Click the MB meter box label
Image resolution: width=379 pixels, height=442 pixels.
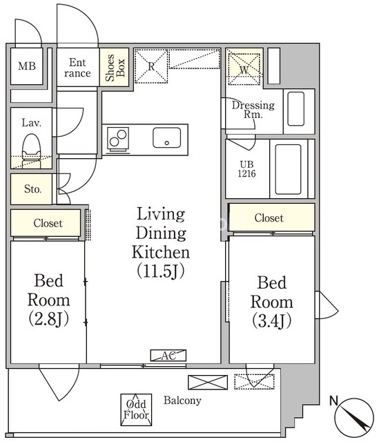27,66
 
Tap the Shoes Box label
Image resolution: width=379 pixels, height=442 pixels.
115,68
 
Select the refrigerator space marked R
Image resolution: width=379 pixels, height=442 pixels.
151,66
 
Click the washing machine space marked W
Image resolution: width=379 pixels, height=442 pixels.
244,69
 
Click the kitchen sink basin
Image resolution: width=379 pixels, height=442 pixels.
167,137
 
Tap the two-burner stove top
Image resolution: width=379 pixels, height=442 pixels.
118,138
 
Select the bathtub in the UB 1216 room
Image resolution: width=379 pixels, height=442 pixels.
288,169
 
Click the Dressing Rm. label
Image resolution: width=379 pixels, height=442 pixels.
253,109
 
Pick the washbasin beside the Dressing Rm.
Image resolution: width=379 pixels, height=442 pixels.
296,109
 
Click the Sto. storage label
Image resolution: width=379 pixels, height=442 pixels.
32,189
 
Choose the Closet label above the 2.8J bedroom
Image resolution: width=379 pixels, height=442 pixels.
48,223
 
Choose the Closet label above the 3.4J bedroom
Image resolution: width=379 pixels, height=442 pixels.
269,218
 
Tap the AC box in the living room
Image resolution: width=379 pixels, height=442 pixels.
168,356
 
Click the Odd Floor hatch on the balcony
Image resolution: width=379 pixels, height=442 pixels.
137,410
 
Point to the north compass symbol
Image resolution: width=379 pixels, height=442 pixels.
354,416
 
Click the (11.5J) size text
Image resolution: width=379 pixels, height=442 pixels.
161,271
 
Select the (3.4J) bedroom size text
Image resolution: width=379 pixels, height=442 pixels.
271,320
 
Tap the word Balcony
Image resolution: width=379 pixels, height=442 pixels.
182,401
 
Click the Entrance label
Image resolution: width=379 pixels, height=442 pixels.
77,68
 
